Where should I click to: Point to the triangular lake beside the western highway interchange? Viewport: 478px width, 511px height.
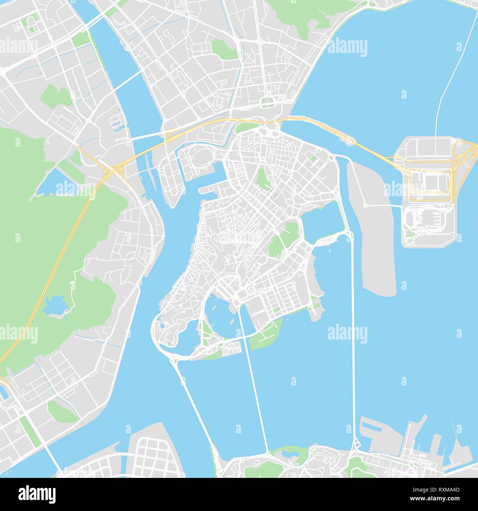pyautogui.click(x=51, y=183)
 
